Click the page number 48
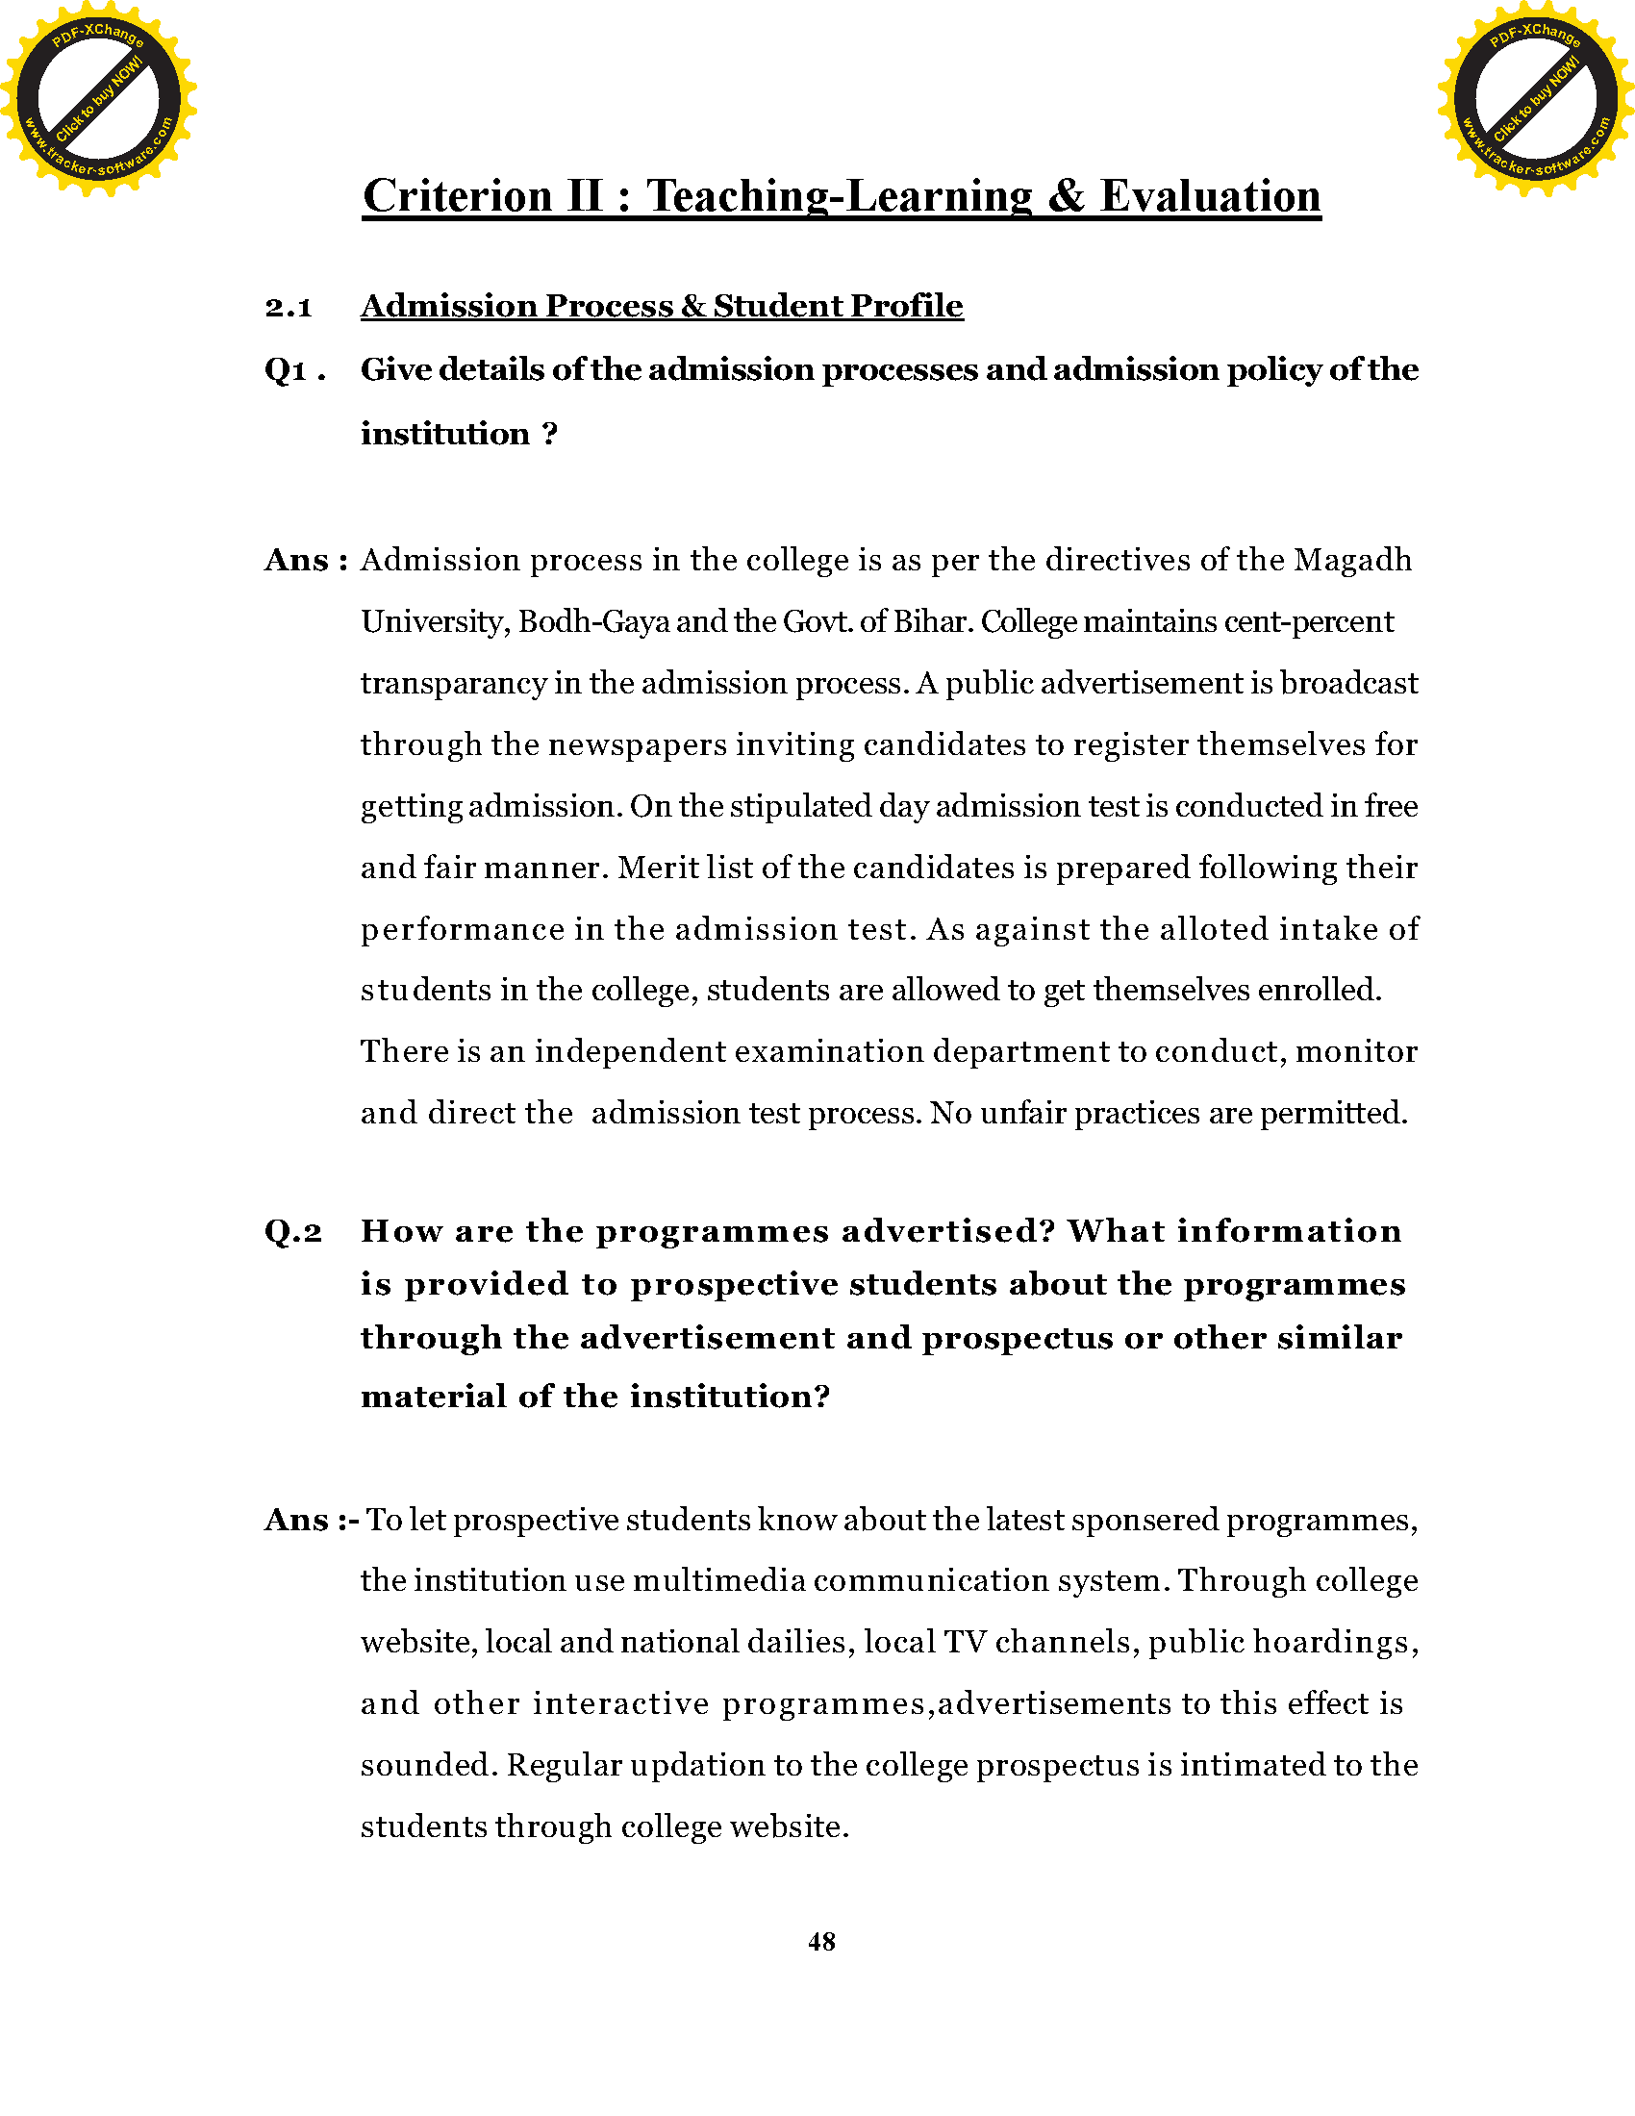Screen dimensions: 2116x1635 coord(821,1942)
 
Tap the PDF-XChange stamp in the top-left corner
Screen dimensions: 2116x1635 coord(98,98)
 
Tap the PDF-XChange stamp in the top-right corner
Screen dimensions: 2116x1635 coord(1535,98)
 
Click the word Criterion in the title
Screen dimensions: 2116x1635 coord(457,195)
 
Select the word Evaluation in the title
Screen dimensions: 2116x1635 coord(1210,195)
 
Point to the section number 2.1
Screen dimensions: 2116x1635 coord(288,307)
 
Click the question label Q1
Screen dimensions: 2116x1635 coord(286,370)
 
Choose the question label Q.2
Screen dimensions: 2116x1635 coord(292,1231)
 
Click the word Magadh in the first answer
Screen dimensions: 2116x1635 coord(1353,560)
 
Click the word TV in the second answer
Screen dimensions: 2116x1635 coord(965,1642)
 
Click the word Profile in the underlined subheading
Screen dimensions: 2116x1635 coord(907,306)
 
